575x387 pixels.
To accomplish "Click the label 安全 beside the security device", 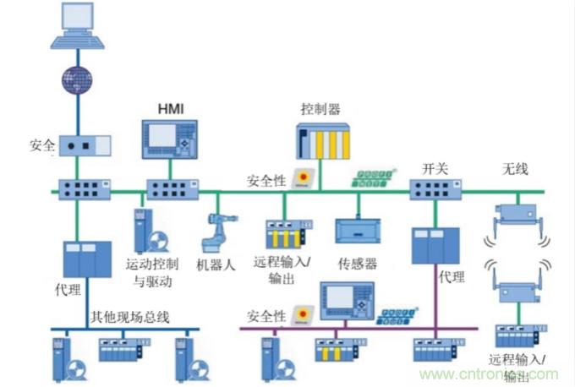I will (40, 146).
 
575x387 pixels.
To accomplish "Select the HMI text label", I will (171, 109).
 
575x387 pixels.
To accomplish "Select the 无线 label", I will (515, 169).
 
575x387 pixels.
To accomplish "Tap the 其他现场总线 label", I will (130, 317).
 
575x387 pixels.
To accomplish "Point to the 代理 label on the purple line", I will (452, 275).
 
